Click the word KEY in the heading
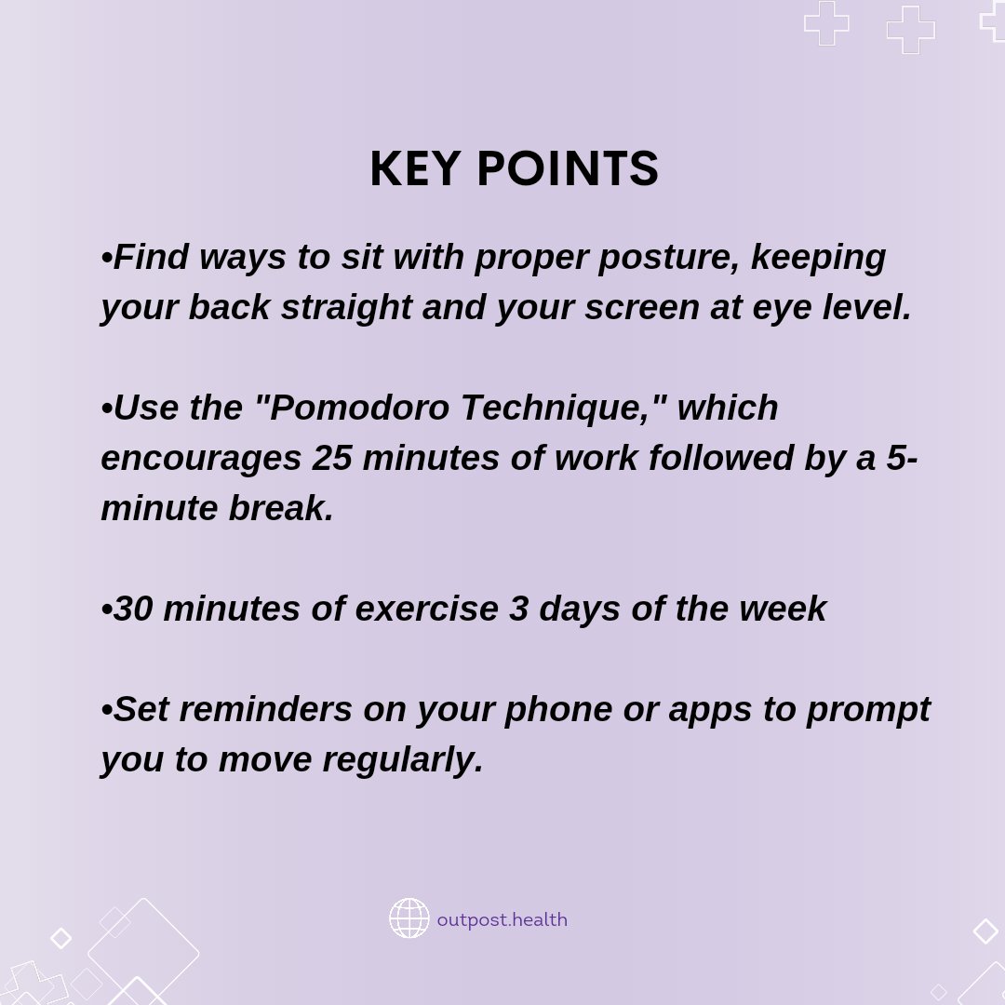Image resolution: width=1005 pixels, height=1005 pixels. click(414, 170)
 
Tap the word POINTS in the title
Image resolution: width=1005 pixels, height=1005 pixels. click(568, 170)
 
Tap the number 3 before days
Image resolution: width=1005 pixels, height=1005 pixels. click(519, 609)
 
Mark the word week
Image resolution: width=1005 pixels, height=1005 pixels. click(783, 609)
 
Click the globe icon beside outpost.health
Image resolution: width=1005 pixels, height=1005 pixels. click(409, 918)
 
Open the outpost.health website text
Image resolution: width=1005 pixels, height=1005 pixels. click(502, 919)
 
